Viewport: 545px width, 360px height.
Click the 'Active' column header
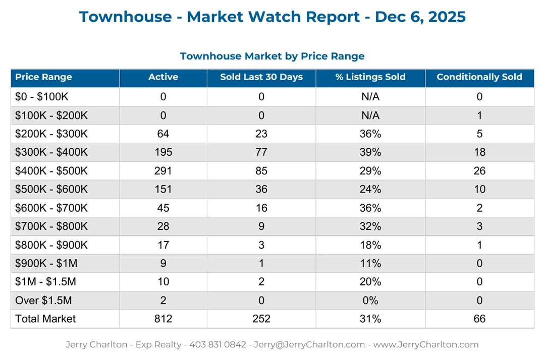click(x=163, y=77)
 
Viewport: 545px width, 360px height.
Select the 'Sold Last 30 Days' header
click(x=261, y=77)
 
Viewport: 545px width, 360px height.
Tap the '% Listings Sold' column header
click(x=370, y=77)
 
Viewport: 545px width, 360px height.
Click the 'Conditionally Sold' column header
click(x=479, y=77)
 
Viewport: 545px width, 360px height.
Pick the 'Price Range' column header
click(x=43, y=77)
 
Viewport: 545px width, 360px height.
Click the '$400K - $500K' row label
click(x=51, y=171)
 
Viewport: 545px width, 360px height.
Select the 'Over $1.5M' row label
click(x=43, y=301)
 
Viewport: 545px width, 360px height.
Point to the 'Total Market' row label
click(x=45, y=319)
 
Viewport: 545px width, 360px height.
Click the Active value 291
click(x=163, y=171)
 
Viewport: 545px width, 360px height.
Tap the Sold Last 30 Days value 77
click(x=261, y=152)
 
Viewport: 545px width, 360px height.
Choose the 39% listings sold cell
click(x=370, y=152)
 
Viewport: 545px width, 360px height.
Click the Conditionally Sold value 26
click(x=479, y=171)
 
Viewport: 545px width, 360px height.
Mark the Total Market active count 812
click(x=163, y=319)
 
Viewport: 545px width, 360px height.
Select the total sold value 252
click(x=261, y=319)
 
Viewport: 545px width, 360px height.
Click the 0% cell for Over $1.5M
click(x=370, y=301)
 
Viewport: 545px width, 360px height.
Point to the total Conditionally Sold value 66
click(x=479, y=319)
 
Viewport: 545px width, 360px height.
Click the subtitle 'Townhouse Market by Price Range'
click(x=272, y=56)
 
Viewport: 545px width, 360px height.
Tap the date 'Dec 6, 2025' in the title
click(x=420, y=17)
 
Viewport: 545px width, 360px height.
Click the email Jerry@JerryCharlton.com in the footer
click(x=309, y=345)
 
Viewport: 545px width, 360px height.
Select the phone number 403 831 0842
click(x=217, y=345)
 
